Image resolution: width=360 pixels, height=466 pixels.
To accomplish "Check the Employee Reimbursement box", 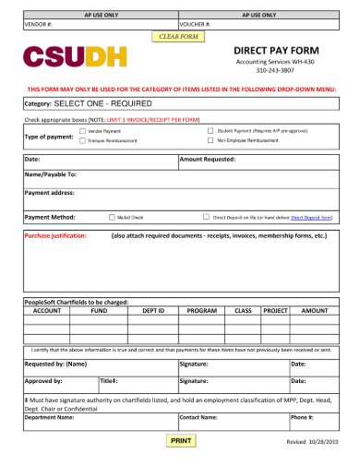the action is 83,141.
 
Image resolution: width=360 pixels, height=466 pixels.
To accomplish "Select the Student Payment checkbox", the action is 210,132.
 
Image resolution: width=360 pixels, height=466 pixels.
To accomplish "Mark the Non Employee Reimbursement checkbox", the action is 210,141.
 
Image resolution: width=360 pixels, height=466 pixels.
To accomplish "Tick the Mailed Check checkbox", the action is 111,218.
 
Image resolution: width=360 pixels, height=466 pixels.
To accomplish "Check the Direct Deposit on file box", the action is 206,218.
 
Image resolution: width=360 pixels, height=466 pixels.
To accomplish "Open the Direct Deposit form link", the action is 311,218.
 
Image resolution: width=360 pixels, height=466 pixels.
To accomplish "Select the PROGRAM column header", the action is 201,312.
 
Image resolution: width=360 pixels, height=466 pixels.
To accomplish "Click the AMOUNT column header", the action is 316,312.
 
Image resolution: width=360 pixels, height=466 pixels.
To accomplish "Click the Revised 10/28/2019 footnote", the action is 314,444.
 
